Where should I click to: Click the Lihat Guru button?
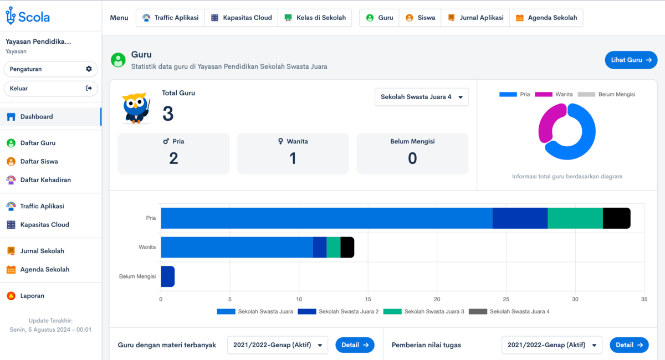pos(631,60)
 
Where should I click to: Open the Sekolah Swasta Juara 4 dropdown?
pos(421,97)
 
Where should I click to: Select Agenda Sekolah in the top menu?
pos(546,18)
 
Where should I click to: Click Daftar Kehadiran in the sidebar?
pos(45,180)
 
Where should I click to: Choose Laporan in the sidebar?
pos(32,296)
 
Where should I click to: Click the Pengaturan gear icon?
pos(89,69)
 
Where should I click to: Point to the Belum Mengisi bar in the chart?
pos(168,276)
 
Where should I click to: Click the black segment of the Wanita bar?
pos(347,247)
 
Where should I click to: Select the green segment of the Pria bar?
pos(575,218)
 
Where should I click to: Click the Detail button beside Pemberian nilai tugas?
pos(629,345)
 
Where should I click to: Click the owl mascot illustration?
pos(136,108)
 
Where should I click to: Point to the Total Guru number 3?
pos(168,114)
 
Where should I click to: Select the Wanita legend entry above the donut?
pos(554,95)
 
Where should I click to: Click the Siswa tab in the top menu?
pos(420,18)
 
